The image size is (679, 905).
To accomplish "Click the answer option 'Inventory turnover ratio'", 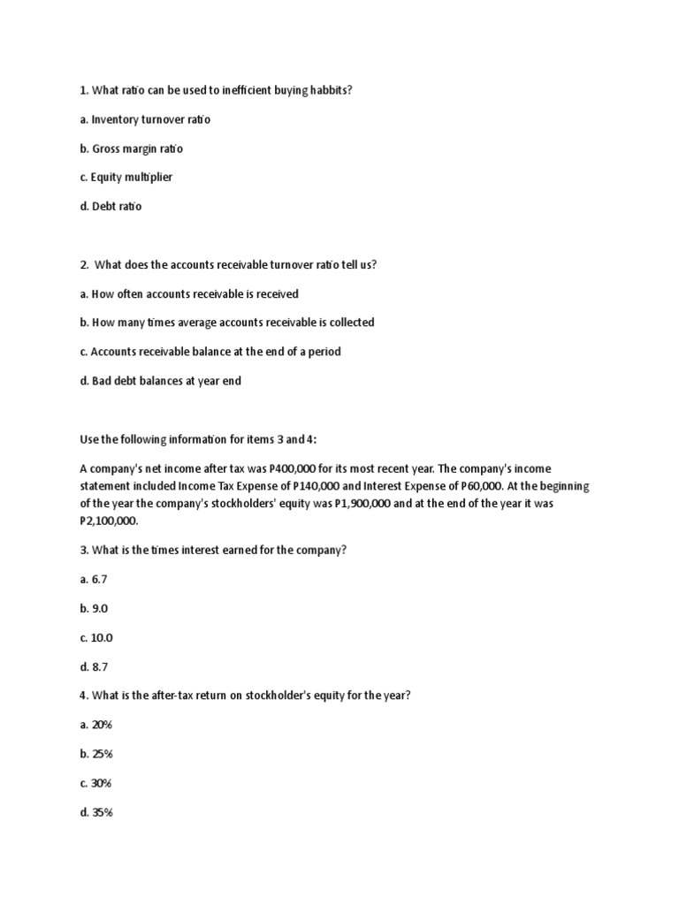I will tap(151, 119).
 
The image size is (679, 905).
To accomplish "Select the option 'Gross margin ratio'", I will tap(137, 148).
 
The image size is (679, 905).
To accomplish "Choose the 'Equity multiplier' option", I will tap(132, 178).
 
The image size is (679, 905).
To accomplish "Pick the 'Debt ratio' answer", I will tap(116, 207).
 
